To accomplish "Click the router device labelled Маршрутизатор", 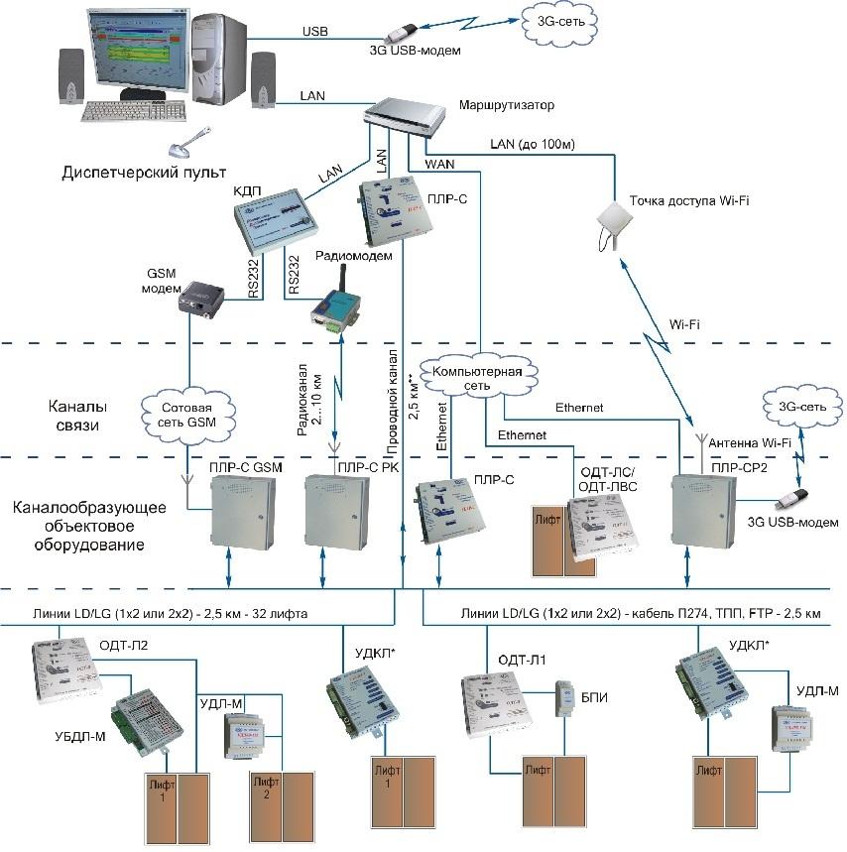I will pyautogui.click(x=408, y=120).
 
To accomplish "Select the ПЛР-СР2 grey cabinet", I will pyautogui.click(x=701, y=510).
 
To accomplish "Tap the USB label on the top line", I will pyautogui.click(x=315, y=32).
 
